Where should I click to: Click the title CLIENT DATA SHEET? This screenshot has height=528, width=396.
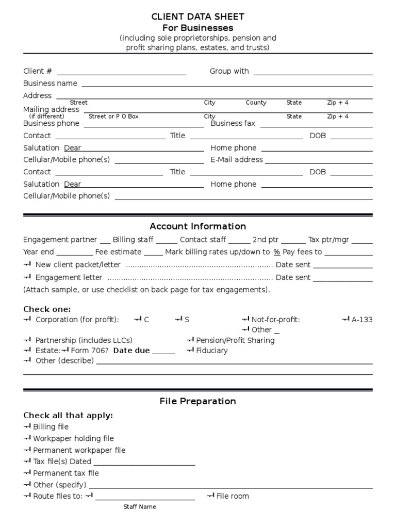(x=198, y=16)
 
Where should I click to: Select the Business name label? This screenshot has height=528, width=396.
(x=50, y=84)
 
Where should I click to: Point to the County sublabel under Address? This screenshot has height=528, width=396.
(x=256, y=103)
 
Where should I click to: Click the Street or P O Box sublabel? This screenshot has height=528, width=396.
(x=113, y=117)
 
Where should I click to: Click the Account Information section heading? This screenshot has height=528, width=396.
(x=198, y=226)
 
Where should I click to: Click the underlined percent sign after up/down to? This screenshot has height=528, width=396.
(x=276, y=252)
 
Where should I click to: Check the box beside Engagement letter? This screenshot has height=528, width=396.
(x=27, y=277)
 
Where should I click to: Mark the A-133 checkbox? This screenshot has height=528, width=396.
(x=346, y=320)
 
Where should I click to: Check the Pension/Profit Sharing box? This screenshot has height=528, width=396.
(x=190, y=340)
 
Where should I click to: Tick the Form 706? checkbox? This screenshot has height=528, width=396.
(x=65, y=351)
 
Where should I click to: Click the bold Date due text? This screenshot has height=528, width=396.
(x=131, y=351)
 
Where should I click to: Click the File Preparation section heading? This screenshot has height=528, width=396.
(x=198, y=401)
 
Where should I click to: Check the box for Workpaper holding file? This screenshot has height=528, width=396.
(x=27, y=438)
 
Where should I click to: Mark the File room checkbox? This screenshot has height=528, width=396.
(x=210, y=496)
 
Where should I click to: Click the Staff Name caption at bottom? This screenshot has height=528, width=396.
(x=139, y=507)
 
